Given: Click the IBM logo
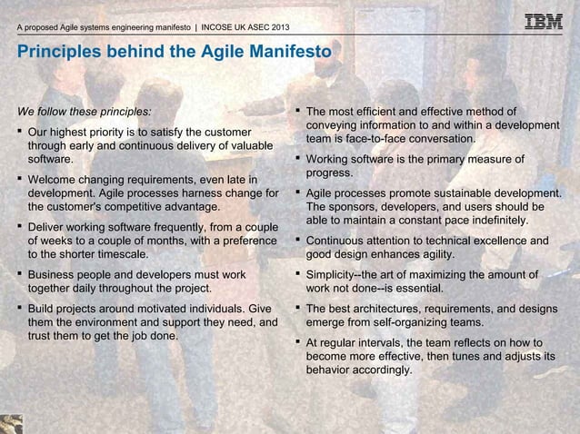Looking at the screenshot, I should [x=544, y=22].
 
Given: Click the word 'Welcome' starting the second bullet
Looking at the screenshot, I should [x=56, y=179].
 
